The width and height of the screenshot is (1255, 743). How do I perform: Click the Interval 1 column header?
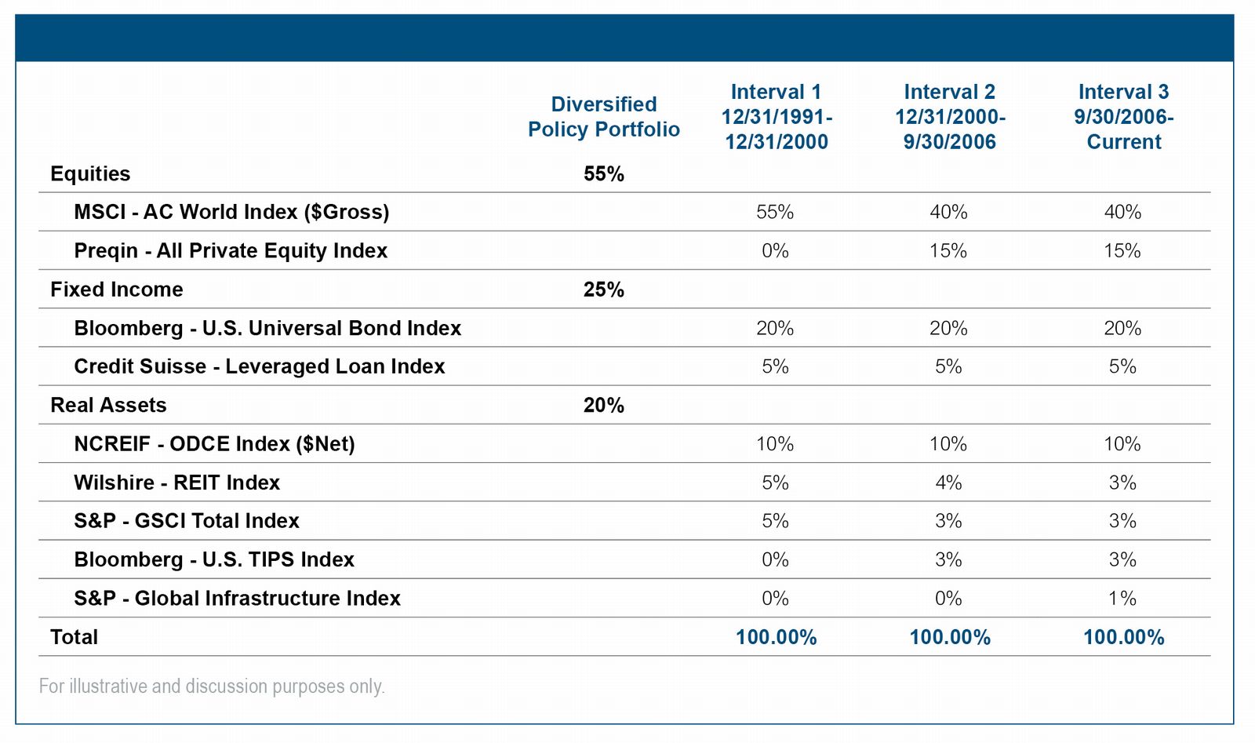coord(777,117)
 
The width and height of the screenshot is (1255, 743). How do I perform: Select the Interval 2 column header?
coord(950,117)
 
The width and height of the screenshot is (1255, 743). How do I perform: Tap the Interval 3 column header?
coord(1124,117)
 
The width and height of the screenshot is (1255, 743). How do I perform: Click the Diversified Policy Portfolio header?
coord(604,117)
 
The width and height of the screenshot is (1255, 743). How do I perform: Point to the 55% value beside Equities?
coord(604,173)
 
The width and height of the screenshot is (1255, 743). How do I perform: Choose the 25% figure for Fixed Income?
coord(604,290)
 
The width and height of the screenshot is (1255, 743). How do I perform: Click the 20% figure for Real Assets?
coord(604,405)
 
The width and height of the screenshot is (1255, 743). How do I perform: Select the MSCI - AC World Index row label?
coord(231,213)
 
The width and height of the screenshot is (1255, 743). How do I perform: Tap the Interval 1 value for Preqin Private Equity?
coord(776,250)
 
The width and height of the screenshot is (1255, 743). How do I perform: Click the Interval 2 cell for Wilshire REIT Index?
coord(948,483)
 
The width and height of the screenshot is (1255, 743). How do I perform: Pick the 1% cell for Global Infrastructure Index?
coord(1122,599)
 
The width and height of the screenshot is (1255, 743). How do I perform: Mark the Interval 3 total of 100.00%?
coord(1124,637)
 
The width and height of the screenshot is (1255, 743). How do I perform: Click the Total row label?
coord(74,637)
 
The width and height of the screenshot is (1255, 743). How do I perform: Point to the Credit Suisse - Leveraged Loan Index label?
coord(260,366)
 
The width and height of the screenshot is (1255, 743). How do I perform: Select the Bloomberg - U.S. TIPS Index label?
coord(214,559)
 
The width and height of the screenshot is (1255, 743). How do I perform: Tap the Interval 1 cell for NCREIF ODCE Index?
coord(775,444)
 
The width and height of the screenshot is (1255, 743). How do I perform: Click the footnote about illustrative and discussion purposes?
coord(212,687)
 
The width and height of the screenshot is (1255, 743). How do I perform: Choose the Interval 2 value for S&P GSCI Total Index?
coord(948,521)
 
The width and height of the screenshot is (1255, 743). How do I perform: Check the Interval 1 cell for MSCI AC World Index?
coord(775,212)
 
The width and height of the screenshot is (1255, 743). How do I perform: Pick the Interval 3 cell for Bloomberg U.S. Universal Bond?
coord(1122,328)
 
